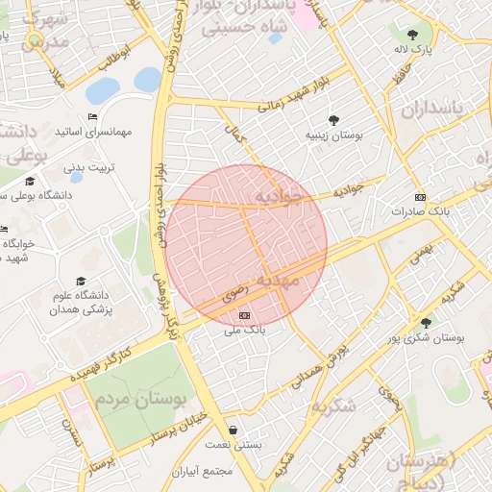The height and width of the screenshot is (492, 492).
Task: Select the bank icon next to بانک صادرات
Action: pyautogui.click(x=420, y=196)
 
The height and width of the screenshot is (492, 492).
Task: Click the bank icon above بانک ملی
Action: pyautogui.click(x=244, y=315)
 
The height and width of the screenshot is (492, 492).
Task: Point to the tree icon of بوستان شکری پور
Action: pyautogui.click(x=425, y=323)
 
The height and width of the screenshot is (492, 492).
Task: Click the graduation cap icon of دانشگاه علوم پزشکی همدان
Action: pyautogui.click(x=80, y=282)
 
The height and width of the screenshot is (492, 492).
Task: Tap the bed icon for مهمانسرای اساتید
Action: pyautogui.click(x=92, y=117)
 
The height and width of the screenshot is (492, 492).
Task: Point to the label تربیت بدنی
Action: pyautogui.click(x=88, y=167)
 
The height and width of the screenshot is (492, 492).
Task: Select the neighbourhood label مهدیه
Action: pyautogui.click(x=294, y=279)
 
